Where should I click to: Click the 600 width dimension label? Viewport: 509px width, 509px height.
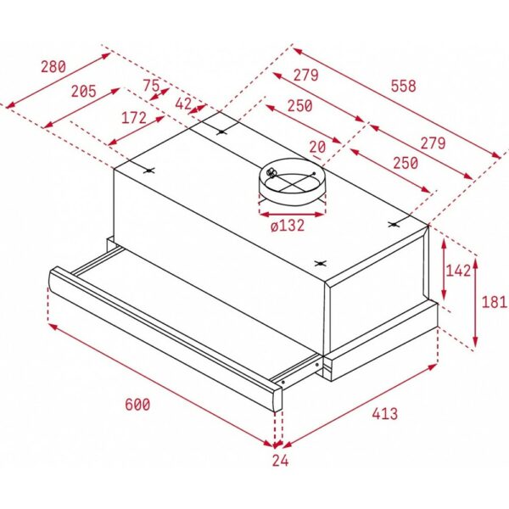[x=137, y=405]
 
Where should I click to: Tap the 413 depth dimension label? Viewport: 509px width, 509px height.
[x=384, y=414]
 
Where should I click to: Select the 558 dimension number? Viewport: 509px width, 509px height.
[x=403, y=86]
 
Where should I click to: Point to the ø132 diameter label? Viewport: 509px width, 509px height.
[x=288, y=226]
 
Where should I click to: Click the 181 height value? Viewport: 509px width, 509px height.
[x=494, y=302]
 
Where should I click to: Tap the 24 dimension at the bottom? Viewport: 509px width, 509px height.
[x=280, y=461]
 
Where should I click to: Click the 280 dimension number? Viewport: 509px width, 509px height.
[x=53, y=66]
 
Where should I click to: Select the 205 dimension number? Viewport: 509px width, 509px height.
[x=84, y=92]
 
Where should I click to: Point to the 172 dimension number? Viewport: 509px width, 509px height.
[x=134, y=118]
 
